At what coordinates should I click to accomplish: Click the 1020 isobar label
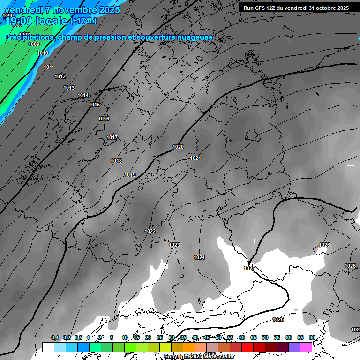[178, 147]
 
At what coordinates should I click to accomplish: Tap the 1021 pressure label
[195, 158]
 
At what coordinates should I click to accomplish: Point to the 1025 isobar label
[249, 268]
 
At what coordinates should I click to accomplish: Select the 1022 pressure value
[150, 231]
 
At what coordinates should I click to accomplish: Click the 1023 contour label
[174, 245]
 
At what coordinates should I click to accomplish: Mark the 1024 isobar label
[199, 257]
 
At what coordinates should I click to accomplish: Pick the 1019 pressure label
[130, 175]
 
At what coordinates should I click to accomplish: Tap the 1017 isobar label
[112, 137]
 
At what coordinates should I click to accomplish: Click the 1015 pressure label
[94, 105]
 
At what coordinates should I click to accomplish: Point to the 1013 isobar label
[69, 88]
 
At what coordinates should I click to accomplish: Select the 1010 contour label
[43, 53]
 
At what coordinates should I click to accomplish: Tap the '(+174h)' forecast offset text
[83, 21]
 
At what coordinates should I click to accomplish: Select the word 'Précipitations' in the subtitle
[28, 37]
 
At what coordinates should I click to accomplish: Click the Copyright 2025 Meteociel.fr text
[199, 357]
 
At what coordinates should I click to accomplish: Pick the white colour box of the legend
[48, 347]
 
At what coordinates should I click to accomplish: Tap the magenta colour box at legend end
[306, 347]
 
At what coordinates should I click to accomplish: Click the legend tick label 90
[312, 337]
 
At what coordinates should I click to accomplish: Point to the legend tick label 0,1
[55, 337]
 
